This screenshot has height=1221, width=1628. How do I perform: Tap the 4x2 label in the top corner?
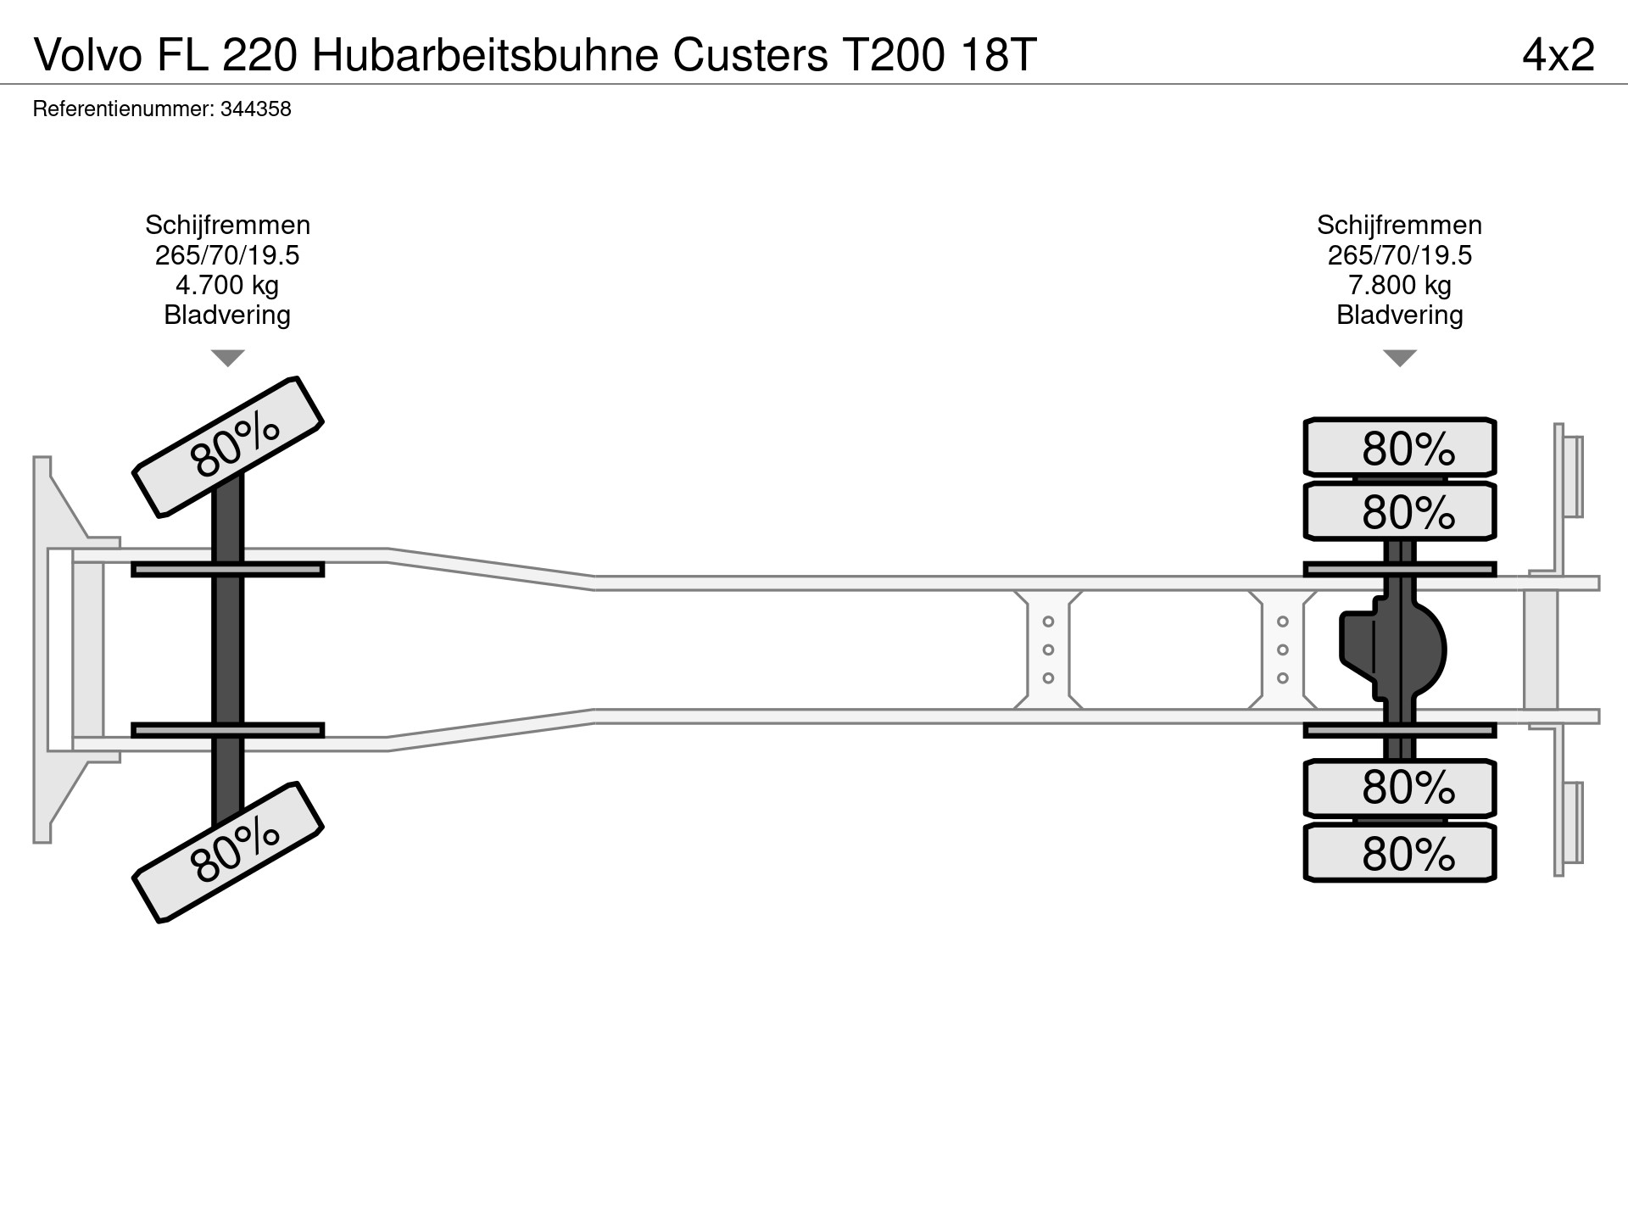tap(1558, 56)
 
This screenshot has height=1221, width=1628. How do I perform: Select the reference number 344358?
tap(255, 109)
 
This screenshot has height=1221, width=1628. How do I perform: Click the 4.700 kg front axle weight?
tap(227, 285)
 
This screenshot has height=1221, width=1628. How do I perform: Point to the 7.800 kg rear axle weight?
tap(1399, 285)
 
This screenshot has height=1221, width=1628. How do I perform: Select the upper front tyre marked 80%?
tap(228, 447)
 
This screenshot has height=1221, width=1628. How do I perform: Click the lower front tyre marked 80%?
tap(228, 852)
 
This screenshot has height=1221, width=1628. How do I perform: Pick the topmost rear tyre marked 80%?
tap(1399, 447)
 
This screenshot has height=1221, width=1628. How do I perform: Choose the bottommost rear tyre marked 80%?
tap(1399, 853)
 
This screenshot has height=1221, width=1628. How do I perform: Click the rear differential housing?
tap(1395, 650)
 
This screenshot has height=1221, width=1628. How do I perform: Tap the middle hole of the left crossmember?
tap(1048, 650)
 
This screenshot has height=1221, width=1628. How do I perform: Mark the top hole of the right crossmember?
tap(1283, 622)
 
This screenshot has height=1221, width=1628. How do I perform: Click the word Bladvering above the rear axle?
tap(1399, 315)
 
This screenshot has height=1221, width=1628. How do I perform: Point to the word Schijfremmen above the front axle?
tap(227, 226)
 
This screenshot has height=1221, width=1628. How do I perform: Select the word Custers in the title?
tap(750, 56)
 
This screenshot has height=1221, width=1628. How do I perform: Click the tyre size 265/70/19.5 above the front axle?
tap(227, 255)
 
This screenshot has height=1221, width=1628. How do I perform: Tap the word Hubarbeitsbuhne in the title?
tap(485, 56)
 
